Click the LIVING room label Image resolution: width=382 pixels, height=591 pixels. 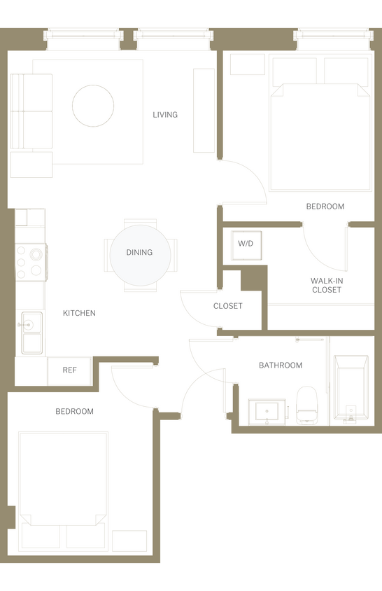pos(165,115)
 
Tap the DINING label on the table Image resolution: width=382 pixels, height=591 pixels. pos(139,252)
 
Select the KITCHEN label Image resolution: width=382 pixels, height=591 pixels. pos(79,313)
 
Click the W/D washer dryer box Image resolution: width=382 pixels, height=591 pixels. pos(246,244)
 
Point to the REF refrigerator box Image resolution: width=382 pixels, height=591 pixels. pos(69,370)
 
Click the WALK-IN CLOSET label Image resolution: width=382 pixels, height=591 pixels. pos(327,285)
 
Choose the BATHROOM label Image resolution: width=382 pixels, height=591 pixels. pos(281,365)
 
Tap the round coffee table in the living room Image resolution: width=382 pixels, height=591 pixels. pos(93,106)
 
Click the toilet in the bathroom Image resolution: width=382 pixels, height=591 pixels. pos(306,405)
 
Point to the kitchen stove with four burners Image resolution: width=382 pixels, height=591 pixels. pos(31,262)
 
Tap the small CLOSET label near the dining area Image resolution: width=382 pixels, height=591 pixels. pos(228,306)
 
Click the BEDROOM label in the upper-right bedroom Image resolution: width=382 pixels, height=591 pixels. pos(325,207)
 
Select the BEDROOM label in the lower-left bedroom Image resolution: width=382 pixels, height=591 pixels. pos(74,412)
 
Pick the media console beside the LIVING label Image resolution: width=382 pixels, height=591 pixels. pos(204,111)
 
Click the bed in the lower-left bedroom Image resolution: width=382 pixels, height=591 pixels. pos(63,483)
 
